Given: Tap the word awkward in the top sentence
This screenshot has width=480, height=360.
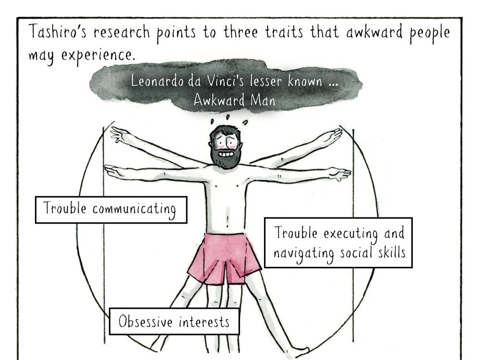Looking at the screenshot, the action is click(x=374, y=32).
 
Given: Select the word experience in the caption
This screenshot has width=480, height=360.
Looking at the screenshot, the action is click(x=98, y=56).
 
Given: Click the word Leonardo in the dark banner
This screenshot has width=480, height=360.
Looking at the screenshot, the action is click(x=157, y=81).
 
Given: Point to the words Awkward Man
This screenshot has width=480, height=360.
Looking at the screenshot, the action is click(x=235, y=100).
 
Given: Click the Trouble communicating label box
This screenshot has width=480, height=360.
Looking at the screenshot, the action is click(x=111, y=210).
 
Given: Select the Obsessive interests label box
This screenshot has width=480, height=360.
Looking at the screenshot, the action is click(x=174, y=322).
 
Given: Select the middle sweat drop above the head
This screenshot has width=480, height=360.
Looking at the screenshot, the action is click(x=228, y=117).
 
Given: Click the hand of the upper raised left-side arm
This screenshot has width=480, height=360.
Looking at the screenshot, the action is click(x=120, y=135).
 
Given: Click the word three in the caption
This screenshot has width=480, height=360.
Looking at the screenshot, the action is click(x=240, y=32).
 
